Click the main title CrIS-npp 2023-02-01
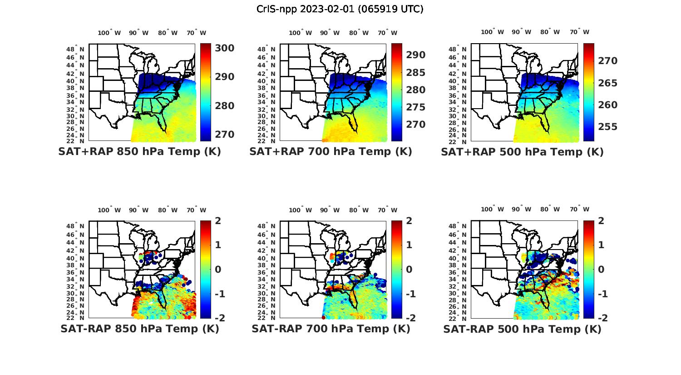340,9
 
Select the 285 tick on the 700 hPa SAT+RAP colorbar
416,73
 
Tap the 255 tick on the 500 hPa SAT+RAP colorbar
607,127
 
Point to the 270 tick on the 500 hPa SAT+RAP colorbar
607,61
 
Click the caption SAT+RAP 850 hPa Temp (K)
139,152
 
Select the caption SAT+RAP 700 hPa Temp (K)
331,152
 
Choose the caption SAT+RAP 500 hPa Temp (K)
522,152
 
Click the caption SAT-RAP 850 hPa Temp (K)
139,329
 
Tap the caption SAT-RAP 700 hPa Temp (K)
331,329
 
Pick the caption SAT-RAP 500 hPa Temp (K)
522,329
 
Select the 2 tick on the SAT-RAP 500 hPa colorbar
600,221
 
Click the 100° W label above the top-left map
109,33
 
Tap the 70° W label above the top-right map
579,32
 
